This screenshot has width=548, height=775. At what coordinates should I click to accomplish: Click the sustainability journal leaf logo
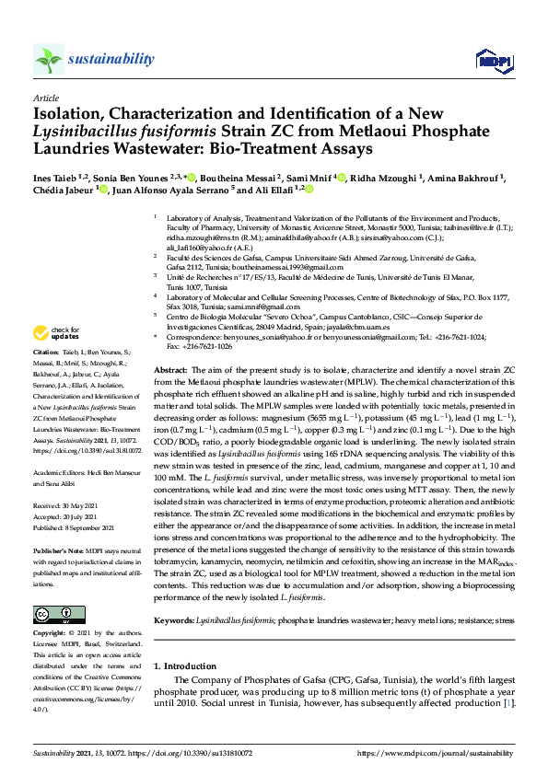coord(49,60)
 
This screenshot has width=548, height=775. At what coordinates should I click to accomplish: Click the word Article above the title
coord(45,98)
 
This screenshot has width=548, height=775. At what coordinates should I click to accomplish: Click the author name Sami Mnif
coord(309,177)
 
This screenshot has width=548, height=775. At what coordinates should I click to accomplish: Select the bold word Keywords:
coord(175,620)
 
